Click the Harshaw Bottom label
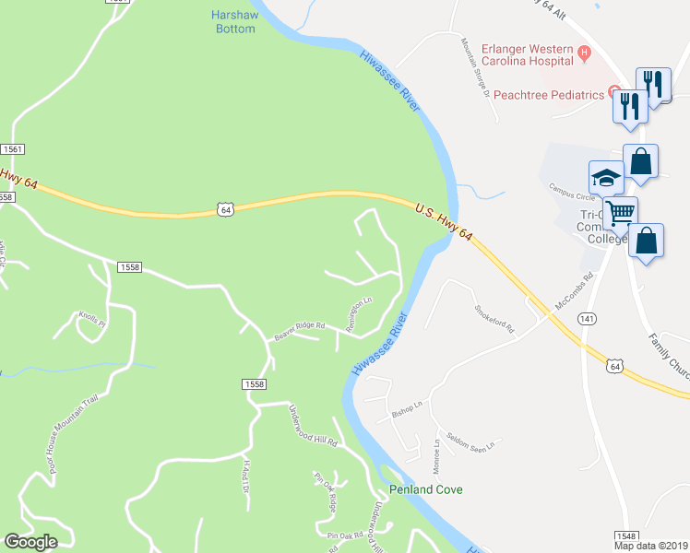[x=232, y=22]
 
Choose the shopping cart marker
[x=622, y=212]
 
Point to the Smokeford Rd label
[x=494, y=319]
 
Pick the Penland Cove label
[x=425, y=489]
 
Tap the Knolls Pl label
[x=92, y=316]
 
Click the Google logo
[x=31, y=542]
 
